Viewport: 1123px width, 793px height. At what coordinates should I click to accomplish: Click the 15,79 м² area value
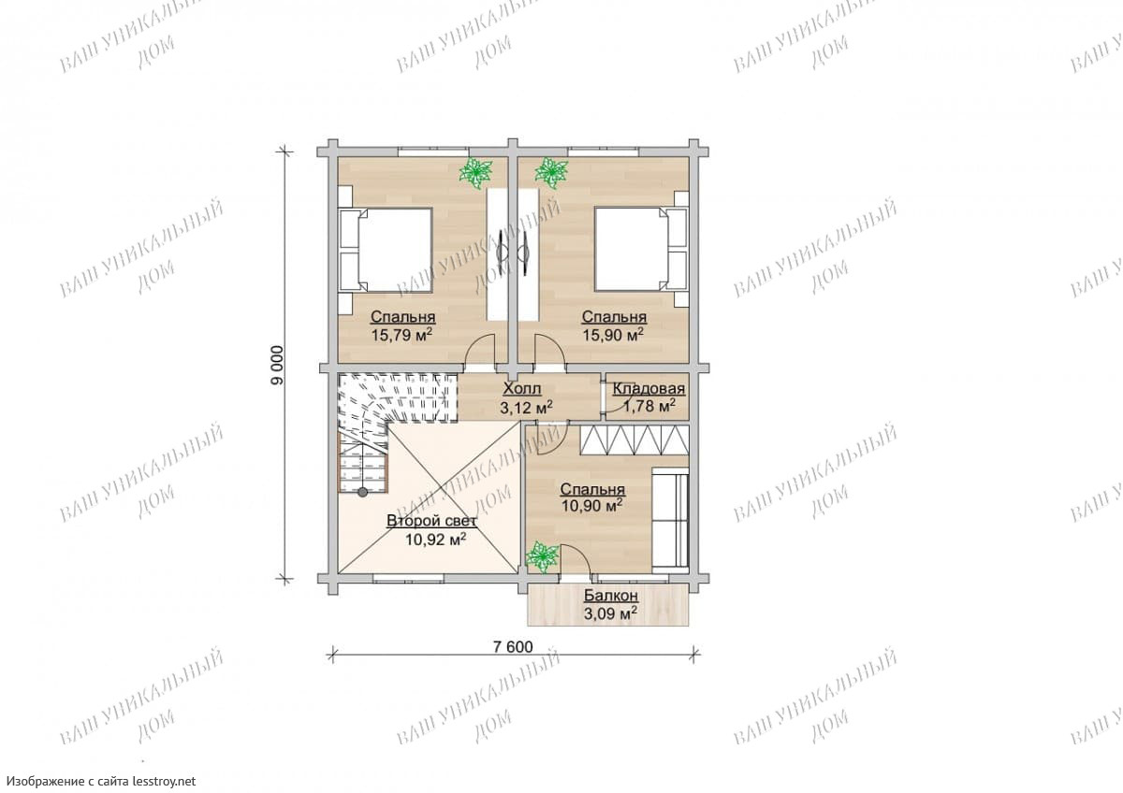[401, 335]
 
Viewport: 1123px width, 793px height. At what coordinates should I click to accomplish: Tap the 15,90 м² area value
[613, 335]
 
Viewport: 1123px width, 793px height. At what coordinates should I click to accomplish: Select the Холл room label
[522, 389]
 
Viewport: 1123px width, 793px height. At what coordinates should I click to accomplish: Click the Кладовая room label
[649, 389]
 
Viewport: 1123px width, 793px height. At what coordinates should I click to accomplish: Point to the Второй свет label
[431, 521]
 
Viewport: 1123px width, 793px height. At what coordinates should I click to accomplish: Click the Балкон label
[610, 596]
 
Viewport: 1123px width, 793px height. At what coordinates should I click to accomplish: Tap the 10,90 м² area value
[592, 506]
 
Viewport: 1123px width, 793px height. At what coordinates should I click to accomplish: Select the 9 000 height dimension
[277, 366]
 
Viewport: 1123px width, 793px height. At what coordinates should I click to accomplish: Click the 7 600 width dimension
[513, 647]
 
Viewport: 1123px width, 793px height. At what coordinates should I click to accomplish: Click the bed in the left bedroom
[386, 250]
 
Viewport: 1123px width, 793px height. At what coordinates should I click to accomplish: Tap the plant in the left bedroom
[474, 172]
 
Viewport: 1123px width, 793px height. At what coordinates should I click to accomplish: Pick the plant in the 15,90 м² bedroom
[551, 172]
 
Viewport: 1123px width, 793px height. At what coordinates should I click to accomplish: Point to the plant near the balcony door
[542, 556]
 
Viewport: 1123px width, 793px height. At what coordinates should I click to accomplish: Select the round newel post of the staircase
[362, 493]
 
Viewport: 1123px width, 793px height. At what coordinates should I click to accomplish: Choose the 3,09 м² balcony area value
[610, 613]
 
